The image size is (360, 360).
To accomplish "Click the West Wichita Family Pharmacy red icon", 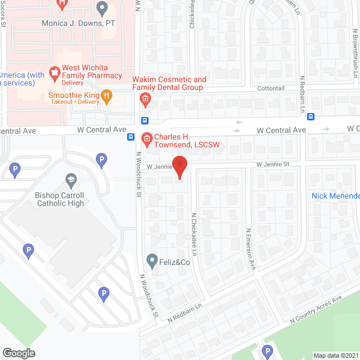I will click(55, 72).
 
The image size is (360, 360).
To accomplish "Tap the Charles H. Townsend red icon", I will click(146, 138).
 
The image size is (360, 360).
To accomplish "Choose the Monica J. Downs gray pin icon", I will click(102, 9).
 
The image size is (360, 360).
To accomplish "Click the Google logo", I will click(18, 353).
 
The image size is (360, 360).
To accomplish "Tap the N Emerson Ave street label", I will click(250, 249).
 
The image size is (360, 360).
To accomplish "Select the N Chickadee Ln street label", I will click(193, 231).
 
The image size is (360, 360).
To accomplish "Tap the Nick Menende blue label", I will click(335, 196).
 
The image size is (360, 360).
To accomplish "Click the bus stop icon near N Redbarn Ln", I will click(311, 117).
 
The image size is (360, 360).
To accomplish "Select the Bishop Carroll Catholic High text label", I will click(60, 199).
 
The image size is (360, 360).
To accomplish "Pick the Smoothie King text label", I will click(73, 95).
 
